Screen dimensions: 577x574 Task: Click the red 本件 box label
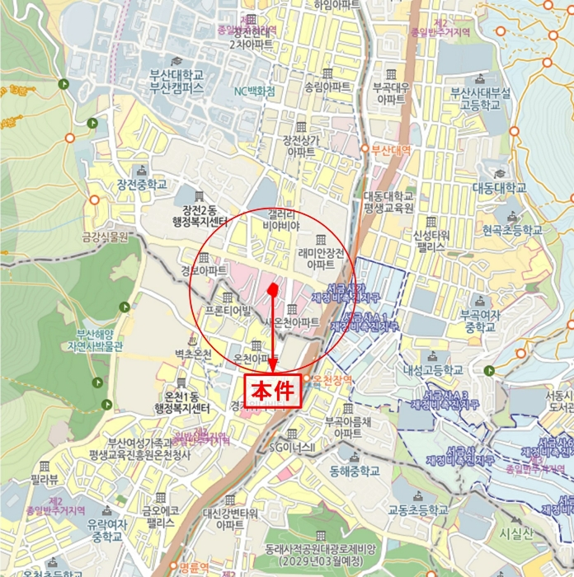pos(273,391)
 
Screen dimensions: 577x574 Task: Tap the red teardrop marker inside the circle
pos(272,289)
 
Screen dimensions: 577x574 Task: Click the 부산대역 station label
pos(390,150)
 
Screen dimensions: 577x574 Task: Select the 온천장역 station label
pos(332,378)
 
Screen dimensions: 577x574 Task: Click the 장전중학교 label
pos(142,184)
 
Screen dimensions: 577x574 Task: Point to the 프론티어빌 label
pos(228,311)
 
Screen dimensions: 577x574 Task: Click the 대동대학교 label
pos(499,188)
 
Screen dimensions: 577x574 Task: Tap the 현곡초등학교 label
pos(513,230)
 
